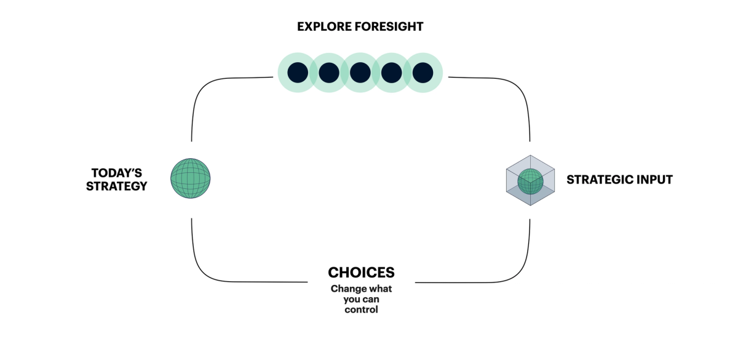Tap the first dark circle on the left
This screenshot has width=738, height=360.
[297, 73]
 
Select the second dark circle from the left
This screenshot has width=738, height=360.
[329, 73]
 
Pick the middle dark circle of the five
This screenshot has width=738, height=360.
[360, 73]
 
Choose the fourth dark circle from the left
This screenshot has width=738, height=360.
[392, 73]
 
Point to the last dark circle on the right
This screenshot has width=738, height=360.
[423, 73]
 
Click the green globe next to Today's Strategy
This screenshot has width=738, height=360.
[190, 178]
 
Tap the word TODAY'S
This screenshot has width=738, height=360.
[116, 173]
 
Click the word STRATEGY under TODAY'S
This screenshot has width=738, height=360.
[117, 186]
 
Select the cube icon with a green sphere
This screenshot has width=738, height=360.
[530, 180]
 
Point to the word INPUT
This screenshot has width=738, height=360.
[654, 180]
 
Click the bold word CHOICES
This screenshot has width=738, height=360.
[361, 273]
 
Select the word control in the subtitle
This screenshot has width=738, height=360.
[361, 310]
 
